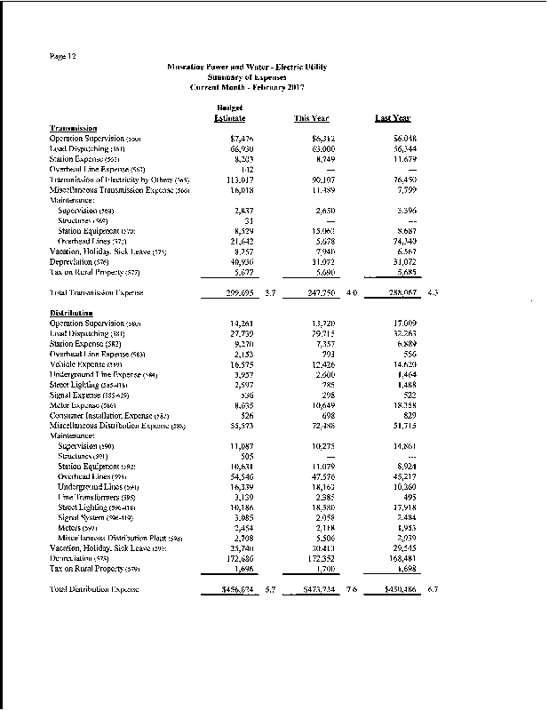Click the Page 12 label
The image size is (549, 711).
pos(62,57)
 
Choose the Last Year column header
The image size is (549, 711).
pos(393,118)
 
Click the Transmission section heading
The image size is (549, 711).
pos(73,129)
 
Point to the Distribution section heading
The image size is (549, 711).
pos(72,314)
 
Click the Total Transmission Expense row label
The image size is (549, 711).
pos(98,292)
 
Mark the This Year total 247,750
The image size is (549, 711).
pos(315,292)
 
